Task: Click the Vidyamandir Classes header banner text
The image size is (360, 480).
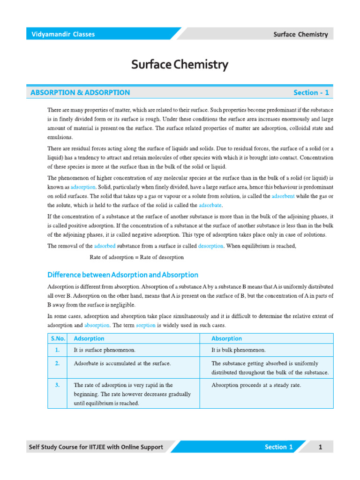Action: tap(63, 34)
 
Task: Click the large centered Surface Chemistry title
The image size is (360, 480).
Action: tap(180, 65)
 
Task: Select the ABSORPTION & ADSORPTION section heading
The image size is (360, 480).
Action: tap(80, 93)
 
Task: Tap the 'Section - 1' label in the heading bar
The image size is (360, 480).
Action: tap(311, 93)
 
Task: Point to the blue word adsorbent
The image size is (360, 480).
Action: tap(283, 196)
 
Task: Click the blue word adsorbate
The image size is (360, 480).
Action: tap(210, 205)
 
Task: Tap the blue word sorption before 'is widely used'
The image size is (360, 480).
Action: tap(145, 325)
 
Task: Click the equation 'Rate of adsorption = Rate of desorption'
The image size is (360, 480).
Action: tap(136, 257)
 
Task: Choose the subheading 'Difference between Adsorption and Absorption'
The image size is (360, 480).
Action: tap(123, 275)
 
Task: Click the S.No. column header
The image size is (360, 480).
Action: tap(57, 338)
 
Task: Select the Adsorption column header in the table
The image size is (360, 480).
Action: tap(89, 338)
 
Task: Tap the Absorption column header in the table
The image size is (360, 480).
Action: tap(226, 338)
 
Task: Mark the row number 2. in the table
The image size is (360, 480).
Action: tap(57, 363)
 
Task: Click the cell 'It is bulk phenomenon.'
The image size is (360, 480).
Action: tap(239, 350)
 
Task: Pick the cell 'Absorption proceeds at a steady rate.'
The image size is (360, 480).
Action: tap(256, 385)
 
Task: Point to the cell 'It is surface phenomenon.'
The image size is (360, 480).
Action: tap(105, 350)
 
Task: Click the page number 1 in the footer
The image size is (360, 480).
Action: tap(320, 447)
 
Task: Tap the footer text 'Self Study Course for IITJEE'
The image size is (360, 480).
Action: tap(75, 447)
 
